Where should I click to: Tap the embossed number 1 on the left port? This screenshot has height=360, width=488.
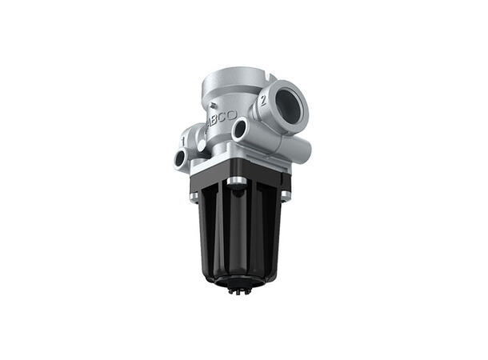[x=183, y=142]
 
